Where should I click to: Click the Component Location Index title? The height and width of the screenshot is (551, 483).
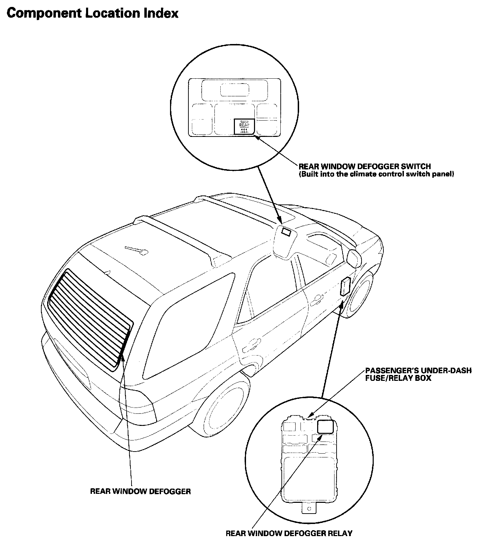click(92, 13)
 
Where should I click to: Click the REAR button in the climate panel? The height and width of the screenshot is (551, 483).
click(244, 126)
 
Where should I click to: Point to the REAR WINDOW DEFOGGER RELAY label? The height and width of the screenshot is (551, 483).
click(289, 533)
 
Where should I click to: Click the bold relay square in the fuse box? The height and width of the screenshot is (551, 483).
click(325, 426)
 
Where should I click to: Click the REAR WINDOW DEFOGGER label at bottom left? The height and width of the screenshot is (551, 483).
click(140, 491)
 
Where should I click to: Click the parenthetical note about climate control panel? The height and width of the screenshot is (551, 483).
click(376, 174)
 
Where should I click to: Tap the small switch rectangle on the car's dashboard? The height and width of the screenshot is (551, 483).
click(286, 232)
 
